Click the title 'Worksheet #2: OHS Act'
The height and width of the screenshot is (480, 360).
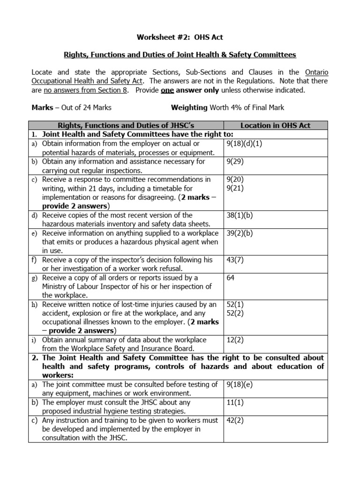(x=180, y=37)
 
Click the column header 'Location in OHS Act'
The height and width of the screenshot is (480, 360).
(x=275, y=125)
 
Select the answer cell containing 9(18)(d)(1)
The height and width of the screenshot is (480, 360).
(x=244, y=143)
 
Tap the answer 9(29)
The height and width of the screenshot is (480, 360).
(x=235, y=161)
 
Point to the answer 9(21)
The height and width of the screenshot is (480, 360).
(x=235, y=188)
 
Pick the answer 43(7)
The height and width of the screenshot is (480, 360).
(x=235, y=260)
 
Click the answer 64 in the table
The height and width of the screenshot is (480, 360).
(x=231, y=278)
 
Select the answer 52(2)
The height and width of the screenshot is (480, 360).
(x=235, y=313)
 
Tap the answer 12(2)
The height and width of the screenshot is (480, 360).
(x=235, y=340)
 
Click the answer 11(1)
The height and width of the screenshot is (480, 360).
(x=235, y=403)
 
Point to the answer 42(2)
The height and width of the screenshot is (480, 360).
(x=235, y=420)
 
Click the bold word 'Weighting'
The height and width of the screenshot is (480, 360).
(x=189, y=107)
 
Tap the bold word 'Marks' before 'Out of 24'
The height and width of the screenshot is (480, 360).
(x=42, y=107)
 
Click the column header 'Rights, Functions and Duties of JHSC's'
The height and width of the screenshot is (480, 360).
(x=126, y=125)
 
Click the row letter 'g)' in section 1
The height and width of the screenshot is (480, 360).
(x=35, y=278)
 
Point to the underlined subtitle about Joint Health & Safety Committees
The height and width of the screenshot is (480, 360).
(x=180, y=55)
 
